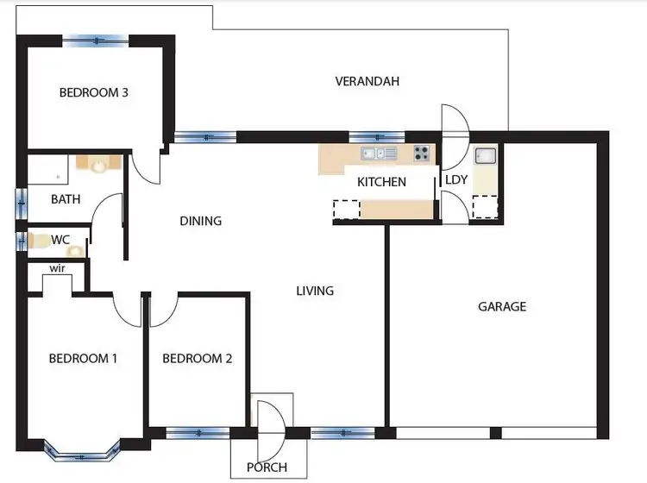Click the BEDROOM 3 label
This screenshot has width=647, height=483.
point(94,92)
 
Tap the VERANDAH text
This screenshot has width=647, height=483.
point(367,82)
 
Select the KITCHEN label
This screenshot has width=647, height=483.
point(381,182)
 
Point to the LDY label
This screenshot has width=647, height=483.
point(455,179)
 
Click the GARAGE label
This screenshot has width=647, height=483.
point(502,306)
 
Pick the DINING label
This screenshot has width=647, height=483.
point(200,221)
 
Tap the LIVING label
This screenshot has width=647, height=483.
point(315,291)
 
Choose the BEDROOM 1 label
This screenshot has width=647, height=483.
point(83,359)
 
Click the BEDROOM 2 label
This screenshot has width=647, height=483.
point(197,359)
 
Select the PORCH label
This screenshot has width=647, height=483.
point(267,467)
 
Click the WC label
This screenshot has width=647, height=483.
point(60,238)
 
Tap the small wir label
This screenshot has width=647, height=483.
point(58,268)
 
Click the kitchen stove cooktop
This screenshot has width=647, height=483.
point(422,154)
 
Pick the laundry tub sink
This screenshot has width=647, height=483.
point(485,156)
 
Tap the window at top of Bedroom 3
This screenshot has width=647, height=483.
point(97,39)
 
